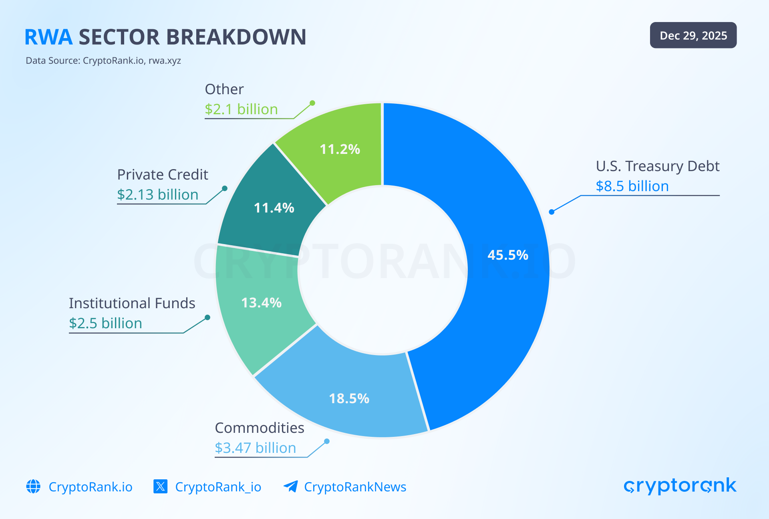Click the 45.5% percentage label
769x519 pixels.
pyautogui.click(x=508, y=255)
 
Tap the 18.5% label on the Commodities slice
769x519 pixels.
pyautogui.click(x=349, y=398)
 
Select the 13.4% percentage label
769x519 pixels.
pyautogui.click(x=261, y=303)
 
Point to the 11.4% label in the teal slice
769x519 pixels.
pyautogui.click(x=274, y=208)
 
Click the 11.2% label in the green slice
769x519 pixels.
pyautogui.click(x=340, y=149)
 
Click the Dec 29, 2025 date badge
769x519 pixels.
pyautogui.click(x=693, y=35)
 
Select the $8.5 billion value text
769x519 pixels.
pyautogui.click(x=632, y=186)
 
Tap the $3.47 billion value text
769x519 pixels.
pyautogui.click(x=255, y=448)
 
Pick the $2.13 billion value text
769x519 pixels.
pyautogui.click(x=157, y=194)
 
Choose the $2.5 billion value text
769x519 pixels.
pyautogui.click(x=105, y=323)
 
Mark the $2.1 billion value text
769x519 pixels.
pyautogui.click(x=241, y=109)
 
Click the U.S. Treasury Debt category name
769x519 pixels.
pyautogui.click(x=657, y=166)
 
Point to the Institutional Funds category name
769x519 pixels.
pyautogui.click(x=132, y=303)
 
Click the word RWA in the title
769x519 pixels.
pyautogui.click(x=48, y=37)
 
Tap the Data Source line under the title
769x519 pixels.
pyautogui.click(x=103, y=61)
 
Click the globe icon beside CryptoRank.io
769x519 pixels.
pyautogui.click(x=33, y=487)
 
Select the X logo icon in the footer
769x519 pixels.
pyautogui.click(x=161, y=487)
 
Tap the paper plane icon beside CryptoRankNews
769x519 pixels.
pyautogui.click(x=290, y=487)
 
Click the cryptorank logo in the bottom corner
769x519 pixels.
pyautogui.click(x=680, y=486)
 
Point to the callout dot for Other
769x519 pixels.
pyautogui.click(x=312, y=103)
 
